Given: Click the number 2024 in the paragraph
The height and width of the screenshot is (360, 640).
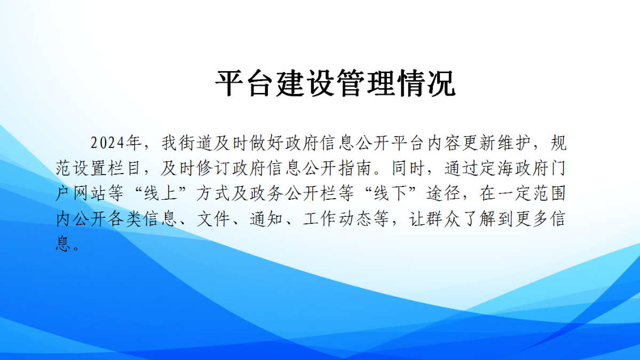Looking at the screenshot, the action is click(107, 143).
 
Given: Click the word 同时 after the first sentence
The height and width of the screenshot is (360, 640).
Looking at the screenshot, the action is click(408, 168).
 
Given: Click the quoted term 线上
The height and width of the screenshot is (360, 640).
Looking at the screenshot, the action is click(161, 194).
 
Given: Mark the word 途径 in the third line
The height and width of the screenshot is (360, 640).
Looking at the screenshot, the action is click(444, 194).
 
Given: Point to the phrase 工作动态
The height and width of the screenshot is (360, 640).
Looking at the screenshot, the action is click(337, 219).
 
